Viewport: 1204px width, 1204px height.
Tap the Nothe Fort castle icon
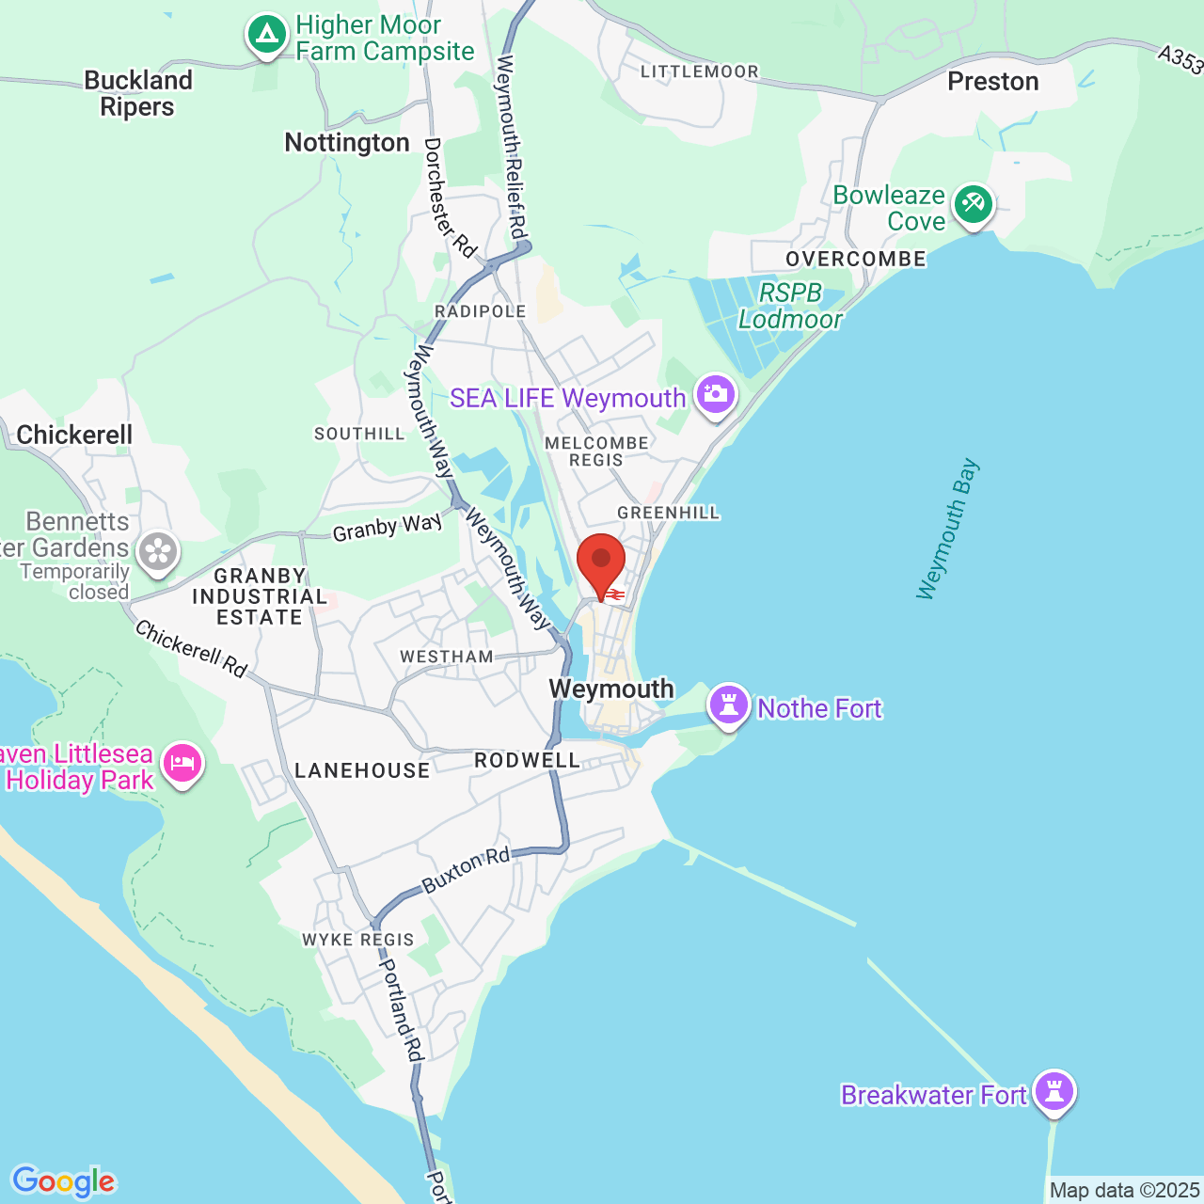coord(729,705)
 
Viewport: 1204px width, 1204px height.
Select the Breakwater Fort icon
coord(1054,1092)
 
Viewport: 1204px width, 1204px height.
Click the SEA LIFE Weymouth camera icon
coord(716,396)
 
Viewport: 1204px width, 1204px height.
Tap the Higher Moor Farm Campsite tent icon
coord(267,36)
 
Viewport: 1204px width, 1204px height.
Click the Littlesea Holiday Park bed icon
coord(182,764)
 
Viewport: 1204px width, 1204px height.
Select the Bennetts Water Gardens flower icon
coord(158,552)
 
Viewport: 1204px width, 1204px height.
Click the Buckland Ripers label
coord(138,93)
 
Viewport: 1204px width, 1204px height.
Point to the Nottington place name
coord(347,142)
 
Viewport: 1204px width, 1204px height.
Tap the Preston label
coord(993,82)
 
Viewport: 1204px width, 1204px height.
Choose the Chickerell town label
coord(74,435)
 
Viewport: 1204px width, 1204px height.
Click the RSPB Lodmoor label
coord(790,306)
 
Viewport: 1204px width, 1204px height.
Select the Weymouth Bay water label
coord(947,529)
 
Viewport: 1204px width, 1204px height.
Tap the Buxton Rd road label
coord(466,869)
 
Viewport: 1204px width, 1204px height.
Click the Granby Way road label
coord(387,528)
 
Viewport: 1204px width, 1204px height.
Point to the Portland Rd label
coord(400,1009)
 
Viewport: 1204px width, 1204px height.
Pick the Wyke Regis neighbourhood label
coord(357,940)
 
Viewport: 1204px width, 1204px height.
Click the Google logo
coord(63,1181)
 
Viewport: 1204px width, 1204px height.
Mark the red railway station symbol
coord(615,594)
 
